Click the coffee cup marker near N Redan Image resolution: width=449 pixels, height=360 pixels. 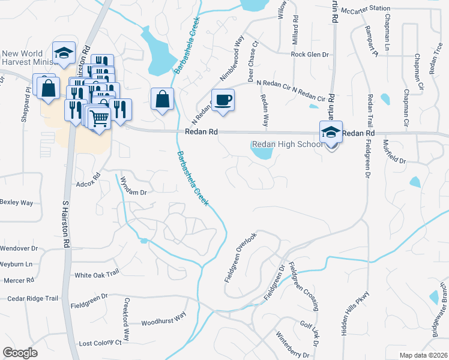223,100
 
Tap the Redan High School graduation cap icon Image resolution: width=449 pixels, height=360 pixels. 331,133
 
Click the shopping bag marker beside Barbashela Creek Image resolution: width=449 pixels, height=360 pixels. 163,100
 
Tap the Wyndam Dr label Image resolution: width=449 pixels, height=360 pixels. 133,185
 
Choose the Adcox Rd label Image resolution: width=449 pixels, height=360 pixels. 88,184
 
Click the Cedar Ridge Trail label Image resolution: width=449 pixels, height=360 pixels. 33,298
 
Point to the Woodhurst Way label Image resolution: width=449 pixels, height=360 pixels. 164,322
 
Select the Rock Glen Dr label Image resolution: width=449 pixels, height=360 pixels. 310,54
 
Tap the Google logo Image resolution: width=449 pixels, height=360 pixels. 20,353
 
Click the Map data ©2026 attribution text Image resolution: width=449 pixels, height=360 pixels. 424,355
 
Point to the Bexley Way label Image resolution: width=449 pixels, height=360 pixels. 17,203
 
